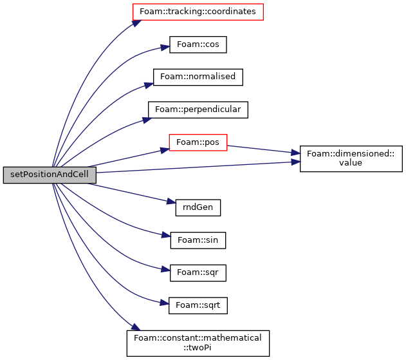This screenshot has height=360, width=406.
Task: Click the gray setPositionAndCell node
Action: pyautogui.click(x=50, y=175)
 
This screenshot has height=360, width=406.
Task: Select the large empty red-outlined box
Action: pyautogui.click(x=198, y=12)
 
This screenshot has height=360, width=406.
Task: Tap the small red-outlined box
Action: pyautogui.click(x=198, y=143)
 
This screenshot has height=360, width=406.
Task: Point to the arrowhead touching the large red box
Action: pyautogui.click(x=136, y=23)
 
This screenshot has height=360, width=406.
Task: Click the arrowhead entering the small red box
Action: pyautogui.click(x=165, y=150)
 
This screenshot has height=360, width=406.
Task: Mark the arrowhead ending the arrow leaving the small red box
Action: pyautogui.click(x=296, y=153)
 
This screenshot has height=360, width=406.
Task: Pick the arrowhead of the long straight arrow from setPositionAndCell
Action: pyautogui.click(x=296, y=162)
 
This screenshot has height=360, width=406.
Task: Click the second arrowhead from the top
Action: pyautogui.click(x=165, y=47)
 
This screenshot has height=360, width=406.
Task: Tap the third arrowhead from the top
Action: pyautogui.click(x=149, y=85)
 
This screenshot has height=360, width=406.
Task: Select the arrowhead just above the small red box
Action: pyautogui.click(x=147, y=120)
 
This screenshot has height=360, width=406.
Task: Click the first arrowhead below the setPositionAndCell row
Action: pyautogui.click(x=171, y=202)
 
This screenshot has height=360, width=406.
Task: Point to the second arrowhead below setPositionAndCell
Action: pyautogui.click(x=167, y=235)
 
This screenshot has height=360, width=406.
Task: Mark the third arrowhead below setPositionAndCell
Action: pyautogui.click(x=166, y=269)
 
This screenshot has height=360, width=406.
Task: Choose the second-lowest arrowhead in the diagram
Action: pyautogui.click(x=165, y=303)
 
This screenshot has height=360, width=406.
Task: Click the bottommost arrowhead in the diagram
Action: pyautogui.click(x=136, y=327)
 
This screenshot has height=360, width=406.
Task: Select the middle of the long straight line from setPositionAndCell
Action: pyautogui.click(x=193, y=167)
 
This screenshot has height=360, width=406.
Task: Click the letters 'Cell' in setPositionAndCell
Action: pyautogui.click(x=80, y=175)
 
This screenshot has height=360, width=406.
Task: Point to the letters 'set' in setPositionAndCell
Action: pyautogui.click(x=16, y=175)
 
